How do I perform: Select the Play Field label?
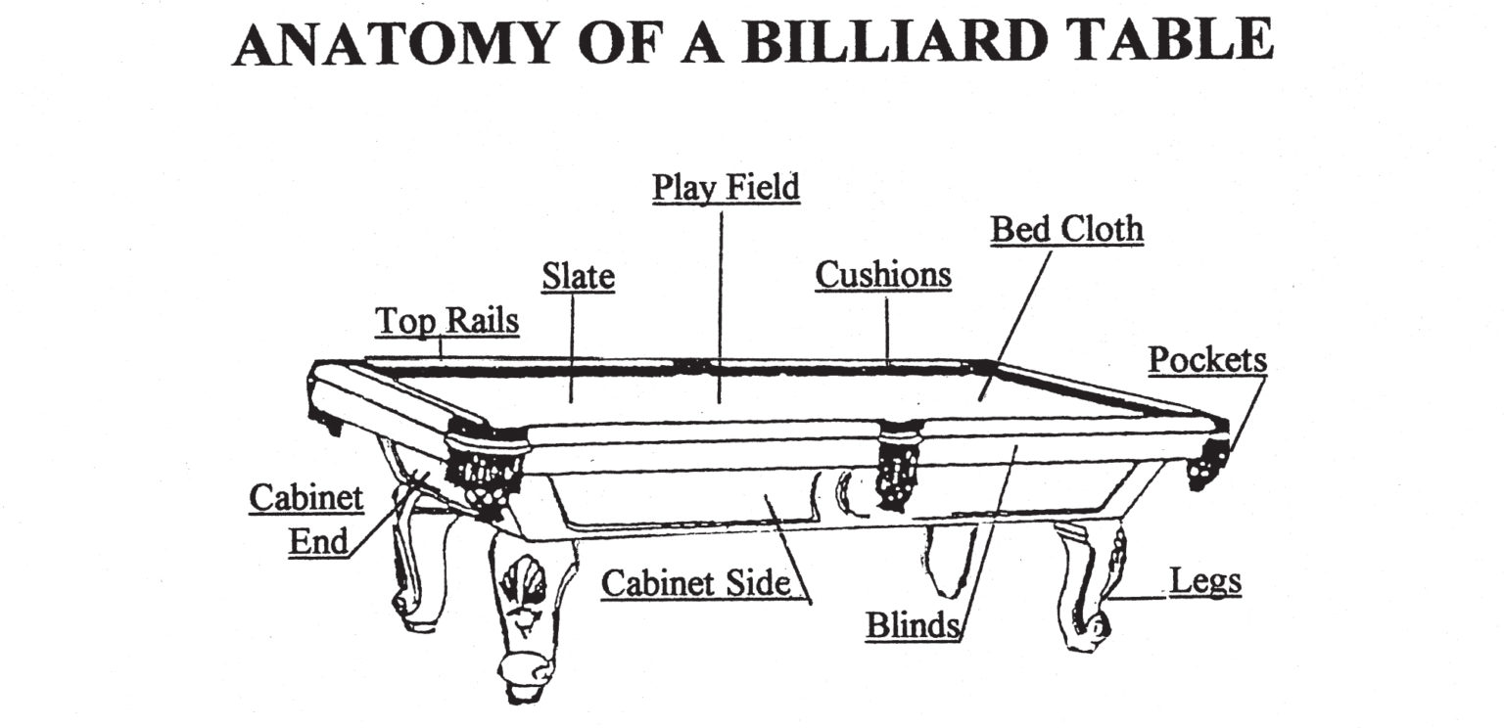coord(726,186)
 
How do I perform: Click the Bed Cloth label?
coord(1066,229)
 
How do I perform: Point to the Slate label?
coord(578,277)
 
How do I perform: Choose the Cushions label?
coord(883,275)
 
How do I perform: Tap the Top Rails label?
coord(446,320)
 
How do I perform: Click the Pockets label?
coord(1206,359)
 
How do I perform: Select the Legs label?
coord(1204,581)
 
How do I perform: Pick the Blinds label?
coord(911,625)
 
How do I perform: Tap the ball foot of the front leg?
coord(522,674)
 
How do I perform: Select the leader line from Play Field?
coord(722,303)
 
